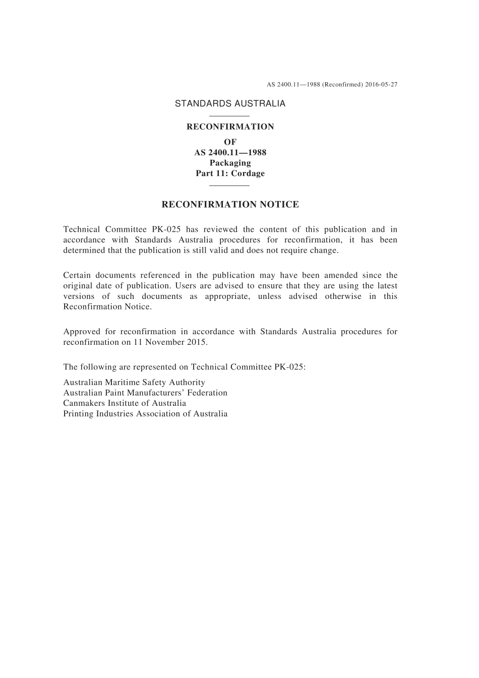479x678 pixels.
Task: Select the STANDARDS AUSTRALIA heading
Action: click(230, 103)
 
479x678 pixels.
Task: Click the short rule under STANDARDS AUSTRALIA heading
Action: click(229, 116)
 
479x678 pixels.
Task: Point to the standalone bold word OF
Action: click(230, 142)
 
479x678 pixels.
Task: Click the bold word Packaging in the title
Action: click(230, 163)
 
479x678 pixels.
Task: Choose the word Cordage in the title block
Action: click(248, 173)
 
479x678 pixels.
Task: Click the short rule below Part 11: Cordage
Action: click(229, 186)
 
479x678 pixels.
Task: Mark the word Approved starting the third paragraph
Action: click(82, 332)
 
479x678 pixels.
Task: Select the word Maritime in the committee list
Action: click(122, 383)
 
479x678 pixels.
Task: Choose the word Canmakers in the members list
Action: click(84, 403)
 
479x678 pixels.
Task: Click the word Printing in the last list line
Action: click(78, 414)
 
